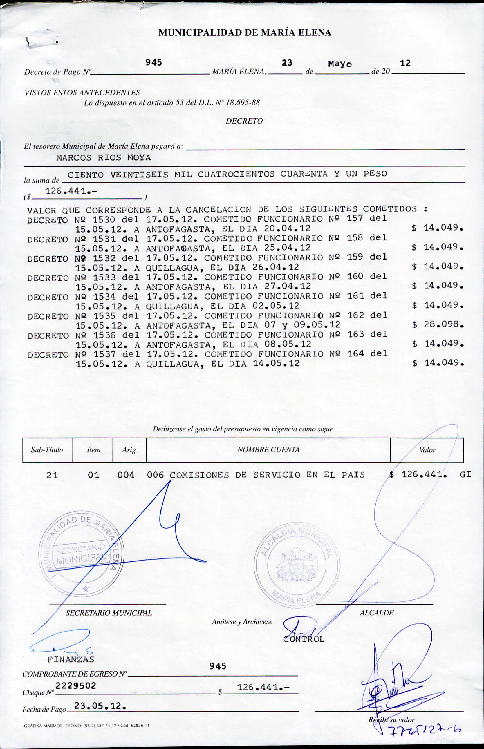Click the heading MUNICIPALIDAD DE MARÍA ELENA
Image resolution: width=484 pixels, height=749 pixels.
pyautogui.click(x=245, y=33)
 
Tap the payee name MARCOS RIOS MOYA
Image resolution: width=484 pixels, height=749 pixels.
pyautogui.click(x=103, y=158)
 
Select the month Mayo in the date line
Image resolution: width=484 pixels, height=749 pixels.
pyautogui.click(x=340, y=64)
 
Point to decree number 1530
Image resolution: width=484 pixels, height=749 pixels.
pyautogui.click(x=104, y=219)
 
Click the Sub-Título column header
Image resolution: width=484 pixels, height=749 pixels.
pyautogui.click(x=47, y=450)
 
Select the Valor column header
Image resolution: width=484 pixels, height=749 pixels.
pyautogui.click(x=427, y=450)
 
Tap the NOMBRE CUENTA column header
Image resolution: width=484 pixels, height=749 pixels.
pyautogui.click(x=268, y=450)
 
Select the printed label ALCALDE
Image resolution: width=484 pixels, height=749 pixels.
pyautogui.click(x=377, y=613)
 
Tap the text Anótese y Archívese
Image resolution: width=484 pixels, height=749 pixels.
pyautogui.click(x=242, y=622)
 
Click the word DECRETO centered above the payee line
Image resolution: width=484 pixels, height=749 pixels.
pyautogui.click(x=244, y=121)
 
